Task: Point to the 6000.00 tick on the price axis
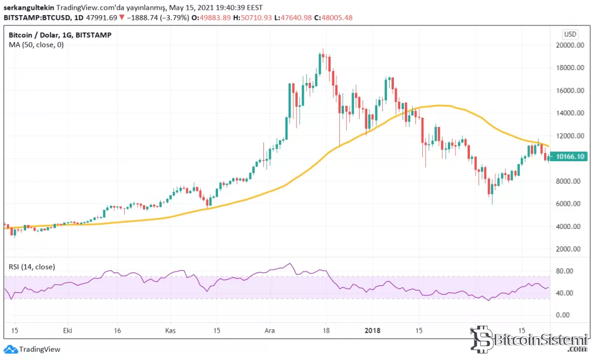pyautogui.click(x=569, y=203)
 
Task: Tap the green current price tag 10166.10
pyautogui.click(x=568, y=157)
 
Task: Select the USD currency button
pyautogui.click(x=570, y=34)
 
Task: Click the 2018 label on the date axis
pyautogui.click(x=372, y=330)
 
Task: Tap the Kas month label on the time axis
pyautogui.click(x=171, y=330)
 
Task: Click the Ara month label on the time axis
pyautogui.click(x=270, y=330)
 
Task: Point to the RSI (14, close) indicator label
pyautogui.click(x=32, y=267)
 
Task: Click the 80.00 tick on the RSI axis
pyautogui.click(x=566, y=271)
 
